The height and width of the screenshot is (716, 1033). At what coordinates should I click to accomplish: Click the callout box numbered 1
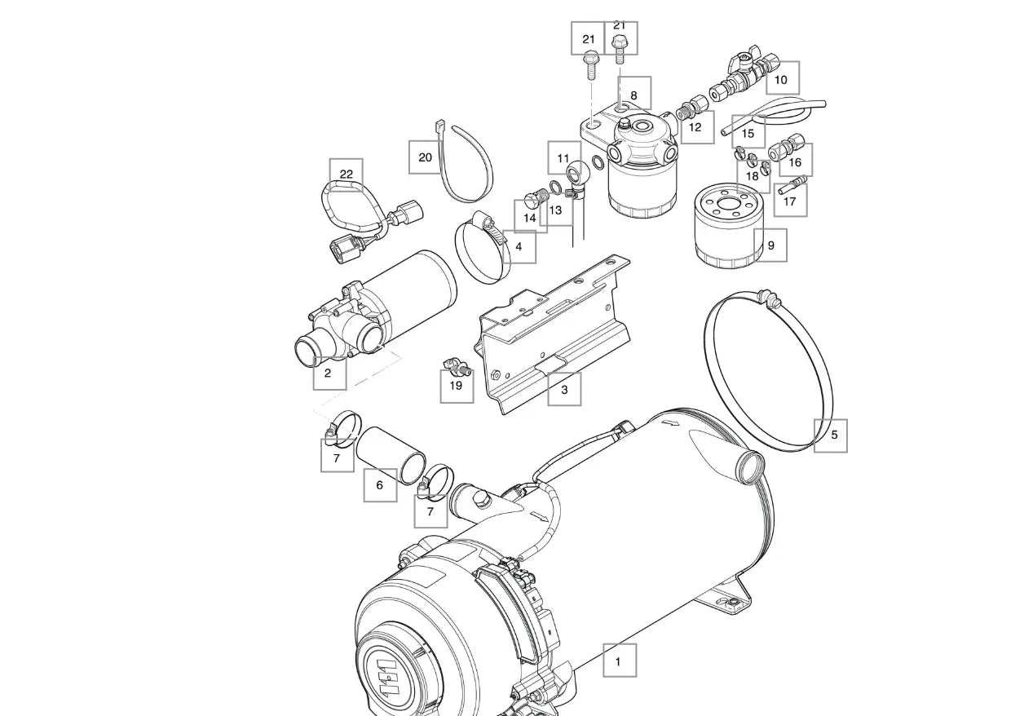(619, 661)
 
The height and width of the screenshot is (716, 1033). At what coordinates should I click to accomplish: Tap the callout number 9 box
(770, 245)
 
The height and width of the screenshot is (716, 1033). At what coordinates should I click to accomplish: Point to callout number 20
(425, 157)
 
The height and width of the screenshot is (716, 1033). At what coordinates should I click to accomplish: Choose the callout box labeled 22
(347, 175)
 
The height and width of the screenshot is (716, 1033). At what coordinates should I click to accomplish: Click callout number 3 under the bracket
(563, 390)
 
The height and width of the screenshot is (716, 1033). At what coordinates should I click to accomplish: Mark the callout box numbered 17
(790, 200)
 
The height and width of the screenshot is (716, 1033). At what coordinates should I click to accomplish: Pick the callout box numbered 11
(563, 158)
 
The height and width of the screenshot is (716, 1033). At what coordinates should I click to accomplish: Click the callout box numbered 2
(329, 373)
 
